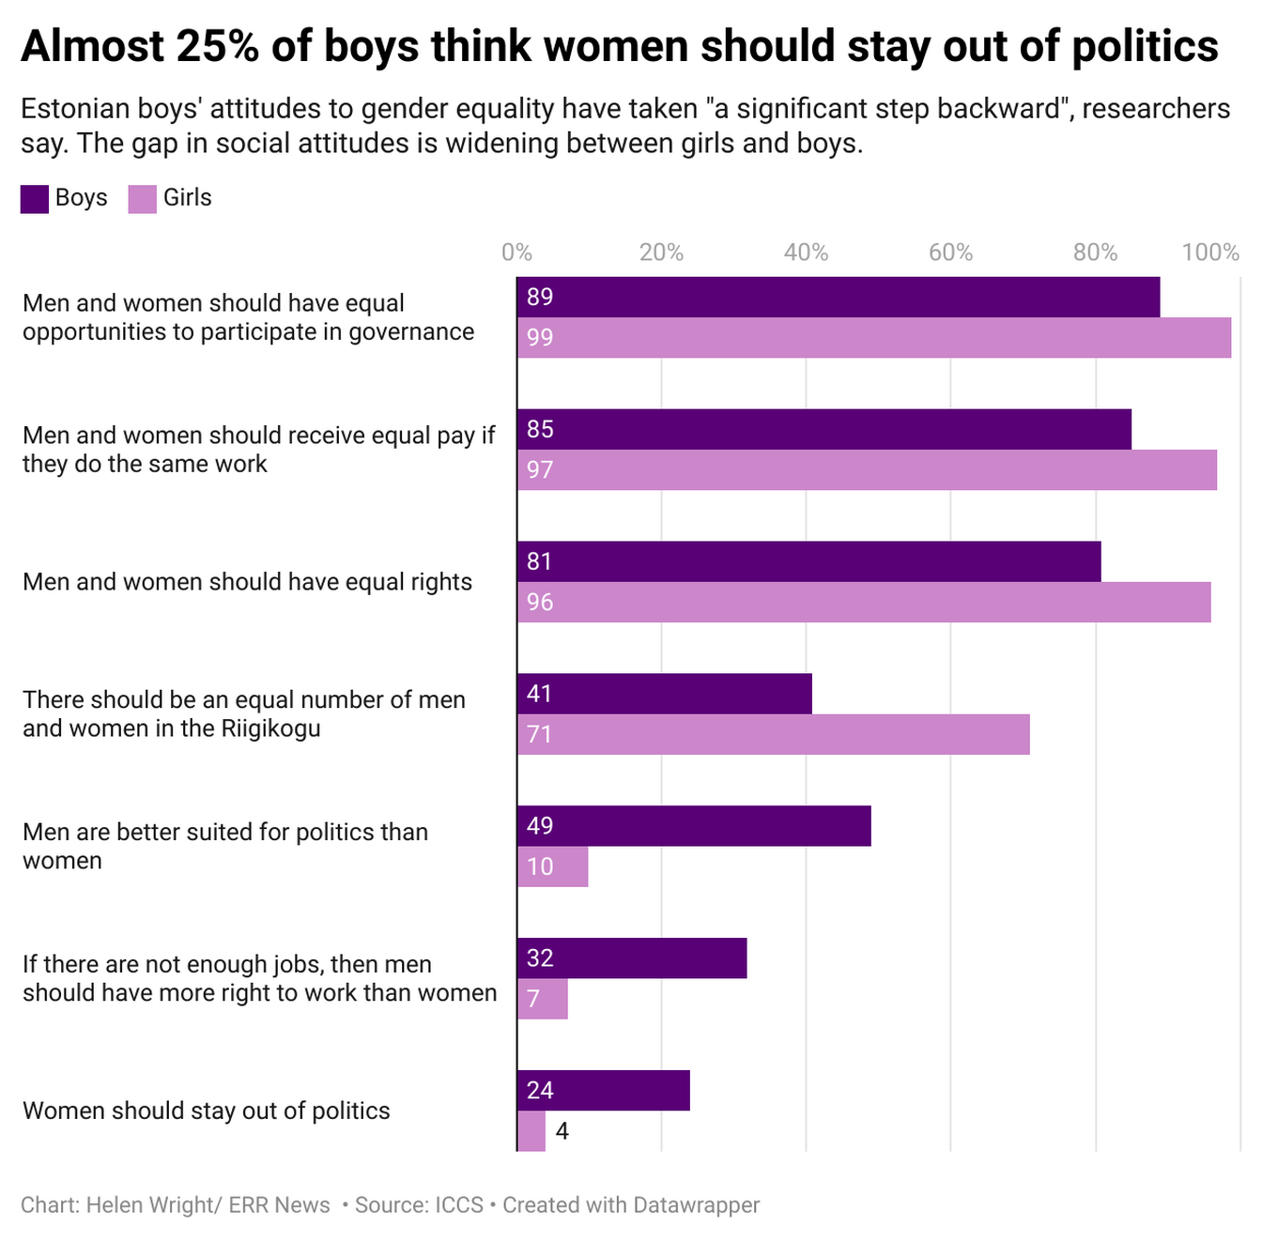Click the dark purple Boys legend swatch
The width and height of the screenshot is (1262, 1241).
tap(35, 199)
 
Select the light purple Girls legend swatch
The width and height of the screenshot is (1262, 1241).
tap(143, 199)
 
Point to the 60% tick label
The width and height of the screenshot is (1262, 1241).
tap(950, 253)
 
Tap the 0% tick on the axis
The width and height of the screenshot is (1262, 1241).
tap(516, 253)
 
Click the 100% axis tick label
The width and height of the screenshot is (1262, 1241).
tap(1210, 253)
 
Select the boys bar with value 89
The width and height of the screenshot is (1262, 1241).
tap(838, 298)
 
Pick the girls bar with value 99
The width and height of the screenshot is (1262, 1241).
tap(873, 338)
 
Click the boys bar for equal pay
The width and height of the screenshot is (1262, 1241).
tap(823, 430)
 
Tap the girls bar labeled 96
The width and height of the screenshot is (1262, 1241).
tap(863, 602)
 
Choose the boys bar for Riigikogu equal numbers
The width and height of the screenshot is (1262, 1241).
tap(664, 694)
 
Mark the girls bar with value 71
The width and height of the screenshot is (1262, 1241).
tap(773, 734)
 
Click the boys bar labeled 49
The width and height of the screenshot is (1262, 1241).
tap(694, 826)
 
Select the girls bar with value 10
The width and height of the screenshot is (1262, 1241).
tap(552, 866)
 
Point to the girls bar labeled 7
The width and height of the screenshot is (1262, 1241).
tap(542, 999)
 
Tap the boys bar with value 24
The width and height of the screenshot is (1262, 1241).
tap(603, 1091)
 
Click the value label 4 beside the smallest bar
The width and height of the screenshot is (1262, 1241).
tap(562, 1131)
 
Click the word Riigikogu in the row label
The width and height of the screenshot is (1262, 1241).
tap(271, 728)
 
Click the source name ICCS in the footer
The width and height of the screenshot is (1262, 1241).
tap(458, 1205)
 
